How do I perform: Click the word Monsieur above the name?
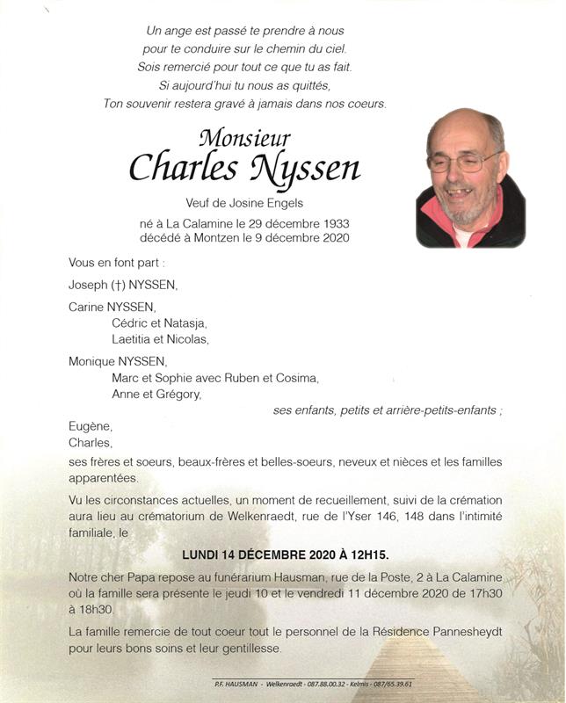pyautogui.click(x=244, y=138)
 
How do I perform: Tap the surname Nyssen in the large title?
pyautogui.click(x=305, y=168)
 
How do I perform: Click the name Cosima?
pyautogui.click(x=296, y=378)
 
